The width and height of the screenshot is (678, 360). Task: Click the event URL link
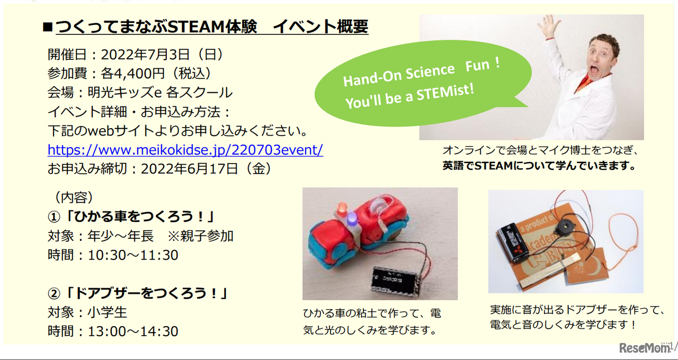coord(185,150)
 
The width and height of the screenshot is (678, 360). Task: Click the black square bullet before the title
coord(47,27)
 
